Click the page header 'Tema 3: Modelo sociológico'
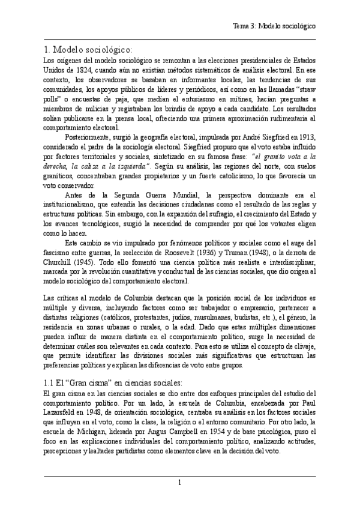pyautogui.click(x=274, y=26)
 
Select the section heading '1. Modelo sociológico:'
pyautogui.click(x=89, y=49)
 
